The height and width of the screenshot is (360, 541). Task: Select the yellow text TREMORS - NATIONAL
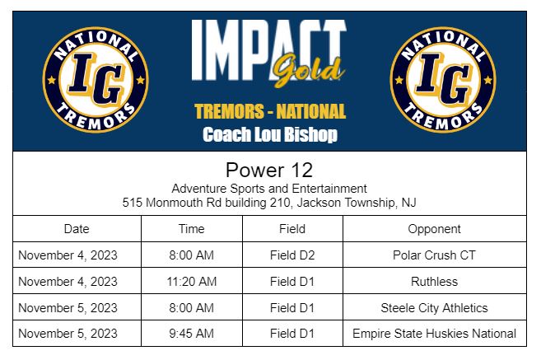coord(269,111)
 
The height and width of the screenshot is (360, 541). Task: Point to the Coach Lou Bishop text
coord(269,135)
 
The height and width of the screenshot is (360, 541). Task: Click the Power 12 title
coord(269,171)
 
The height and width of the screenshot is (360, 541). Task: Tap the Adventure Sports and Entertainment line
coord(269,189)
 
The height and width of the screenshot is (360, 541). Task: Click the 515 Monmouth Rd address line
coord(269,202)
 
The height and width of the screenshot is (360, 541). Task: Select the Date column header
coord(77,229)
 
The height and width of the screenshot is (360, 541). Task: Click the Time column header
coord(192,229)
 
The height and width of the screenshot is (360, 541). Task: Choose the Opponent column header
coord(434,229)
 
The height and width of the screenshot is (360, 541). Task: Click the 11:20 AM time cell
coord(192,282)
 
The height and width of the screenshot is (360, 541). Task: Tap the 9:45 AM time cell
coord(192,334)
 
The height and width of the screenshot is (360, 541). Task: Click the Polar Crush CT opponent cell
coord(434,255)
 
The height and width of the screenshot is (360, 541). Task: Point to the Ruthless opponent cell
coord(434,282)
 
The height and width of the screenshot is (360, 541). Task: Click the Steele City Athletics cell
coord(434,308)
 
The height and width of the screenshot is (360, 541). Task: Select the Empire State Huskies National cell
coord(434,334)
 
